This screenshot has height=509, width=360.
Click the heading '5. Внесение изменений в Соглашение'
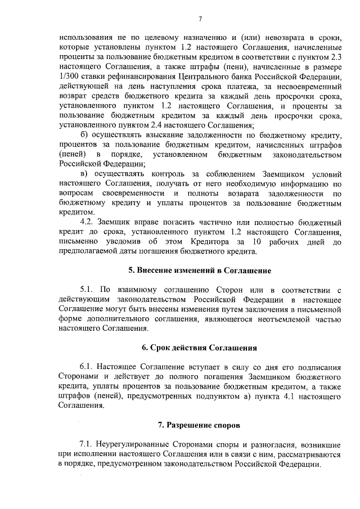(200, 271)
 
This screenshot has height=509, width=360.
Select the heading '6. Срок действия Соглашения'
(200, 348)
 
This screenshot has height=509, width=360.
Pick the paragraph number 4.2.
(89, 221)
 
